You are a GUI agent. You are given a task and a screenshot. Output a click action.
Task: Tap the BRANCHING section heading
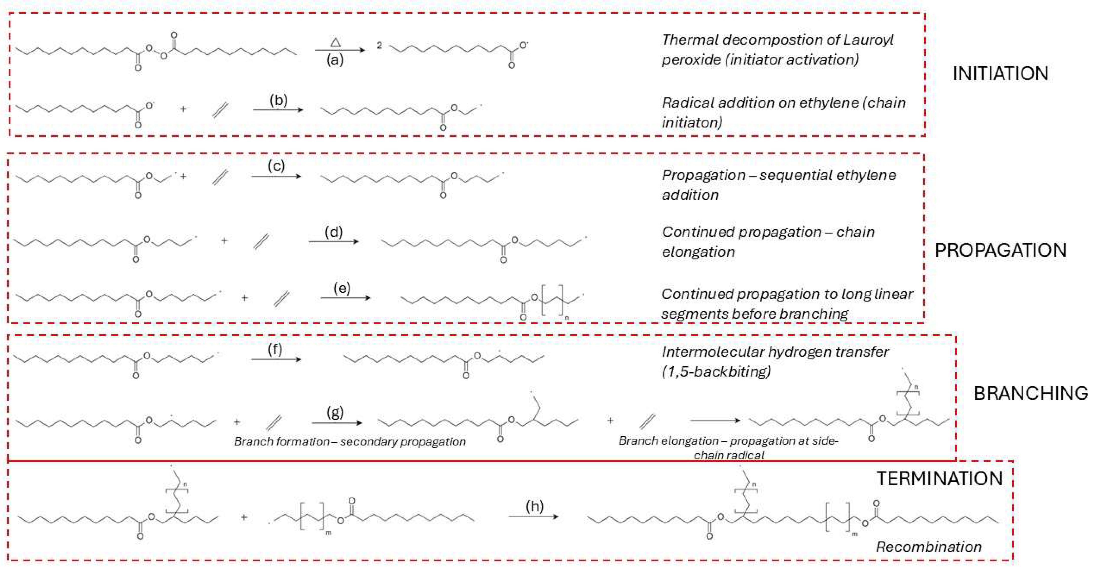pos(1031,393)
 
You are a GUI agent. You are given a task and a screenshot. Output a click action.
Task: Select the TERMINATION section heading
pos(940,479)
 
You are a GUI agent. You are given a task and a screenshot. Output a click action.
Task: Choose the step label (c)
pos(276,166)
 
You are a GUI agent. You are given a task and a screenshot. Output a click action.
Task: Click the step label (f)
pos(275,349)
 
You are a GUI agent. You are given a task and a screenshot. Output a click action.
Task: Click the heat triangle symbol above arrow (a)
pos(335,42)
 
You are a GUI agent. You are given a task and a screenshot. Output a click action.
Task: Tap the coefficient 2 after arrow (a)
pos(379,46)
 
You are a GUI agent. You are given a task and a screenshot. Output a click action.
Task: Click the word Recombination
pos(929,547)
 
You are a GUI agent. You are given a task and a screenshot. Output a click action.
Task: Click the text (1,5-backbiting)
pos(716,372)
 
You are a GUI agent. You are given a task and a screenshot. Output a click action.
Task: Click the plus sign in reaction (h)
pos(244,517)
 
